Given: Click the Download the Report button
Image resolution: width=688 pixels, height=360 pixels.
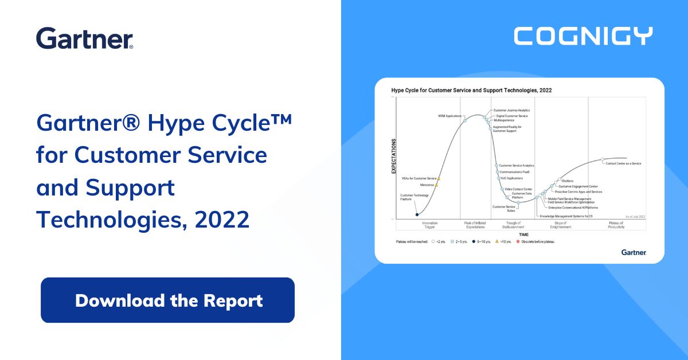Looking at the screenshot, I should tap(167, 300).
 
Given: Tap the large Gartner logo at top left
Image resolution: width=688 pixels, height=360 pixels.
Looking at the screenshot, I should tap(85, 38).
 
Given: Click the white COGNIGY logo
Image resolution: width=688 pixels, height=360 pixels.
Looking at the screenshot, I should tap(583, 36).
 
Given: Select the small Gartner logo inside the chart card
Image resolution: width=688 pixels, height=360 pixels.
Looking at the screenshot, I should tap(634, 252).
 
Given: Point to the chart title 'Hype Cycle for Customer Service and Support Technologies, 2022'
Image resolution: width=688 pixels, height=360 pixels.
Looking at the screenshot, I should tap(471, 91).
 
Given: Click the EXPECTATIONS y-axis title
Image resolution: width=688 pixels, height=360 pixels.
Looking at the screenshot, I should tap(393, 156).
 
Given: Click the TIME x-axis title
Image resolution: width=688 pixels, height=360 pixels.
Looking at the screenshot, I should tap(523, 234).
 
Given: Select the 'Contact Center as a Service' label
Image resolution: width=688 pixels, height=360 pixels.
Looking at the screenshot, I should tap(623, 163).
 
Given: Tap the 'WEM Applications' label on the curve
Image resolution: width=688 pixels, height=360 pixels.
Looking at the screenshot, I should tap(449, 116).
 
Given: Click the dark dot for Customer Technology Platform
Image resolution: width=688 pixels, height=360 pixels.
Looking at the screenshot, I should tap(417, 214).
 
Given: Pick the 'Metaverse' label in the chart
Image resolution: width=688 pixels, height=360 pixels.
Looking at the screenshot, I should tap(427, 185).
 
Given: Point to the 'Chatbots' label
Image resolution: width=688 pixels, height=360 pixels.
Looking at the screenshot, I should tap(567, 181).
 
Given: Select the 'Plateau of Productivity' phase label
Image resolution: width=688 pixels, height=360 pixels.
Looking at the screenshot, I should tap(616, 225).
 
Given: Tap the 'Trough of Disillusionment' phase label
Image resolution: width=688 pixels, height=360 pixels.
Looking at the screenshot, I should tap(514, 225).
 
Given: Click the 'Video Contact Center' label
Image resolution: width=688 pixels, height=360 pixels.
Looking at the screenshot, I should tap(518, 189).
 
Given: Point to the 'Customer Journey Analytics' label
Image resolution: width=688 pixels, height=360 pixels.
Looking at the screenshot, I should tap(511, 110).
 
